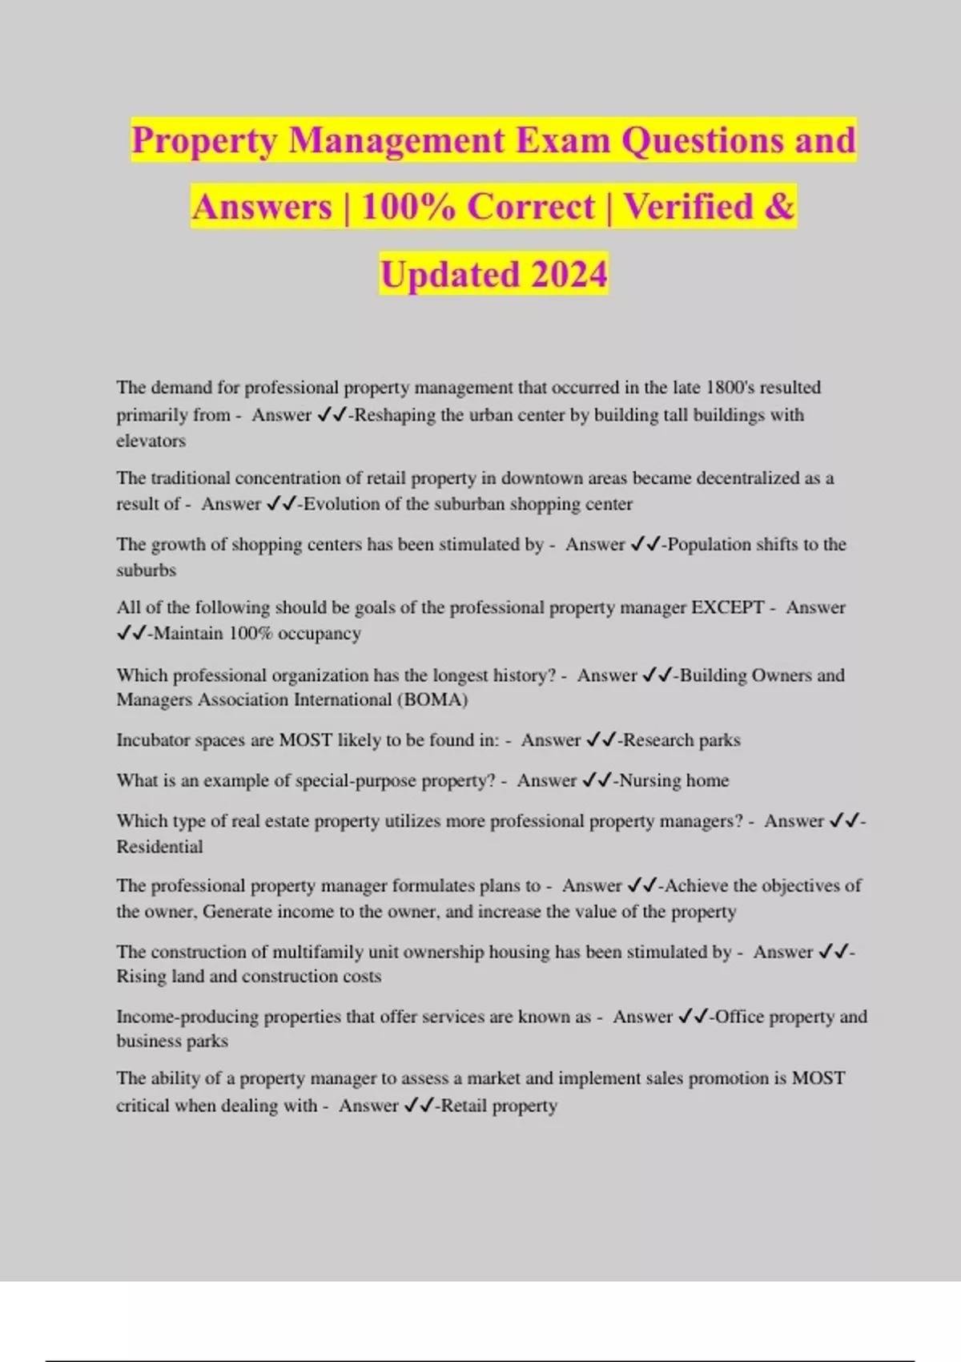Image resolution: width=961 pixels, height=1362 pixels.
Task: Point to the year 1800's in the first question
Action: click(x=730, y=388)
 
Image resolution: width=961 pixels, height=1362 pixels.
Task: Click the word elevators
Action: click(x=151, y=441)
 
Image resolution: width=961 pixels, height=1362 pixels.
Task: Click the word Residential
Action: click(x=159, y=847)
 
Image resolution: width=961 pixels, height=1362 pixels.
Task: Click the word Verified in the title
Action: click(x=688, y=208)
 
